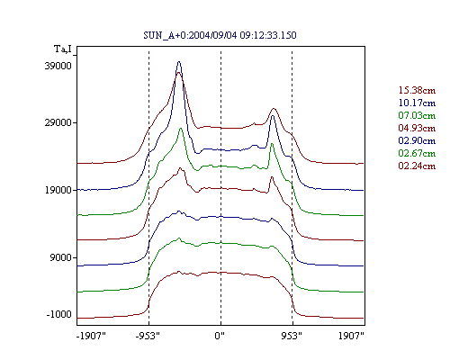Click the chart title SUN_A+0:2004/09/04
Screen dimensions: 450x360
[x=190, y=35]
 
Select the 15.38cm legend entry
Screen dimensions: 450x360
[x=417, y=90]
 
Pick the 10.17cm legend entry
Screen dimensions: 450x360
[x=417, y=103]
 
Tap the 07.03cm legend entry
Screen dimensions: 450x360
[x=417, y=115]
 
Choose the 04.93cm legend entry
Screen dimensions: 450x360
[x=417, y=128]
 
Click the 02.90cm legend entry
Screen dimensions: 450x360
[x=417, y=140]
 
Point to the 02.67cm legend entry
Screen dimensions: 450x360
[x=417, y=153]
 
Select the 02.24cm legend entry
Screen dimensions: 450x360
[x=417, y=166]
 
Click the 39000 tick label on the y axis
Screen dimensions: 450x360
[x=58, y=66]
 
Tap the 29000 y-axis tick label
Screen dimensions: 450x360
[x=58, y=122]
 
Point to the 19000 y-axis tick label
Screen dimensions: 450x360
[x=58, y=190]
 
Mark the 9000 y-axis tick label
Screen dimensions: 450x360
[x=61, y=257]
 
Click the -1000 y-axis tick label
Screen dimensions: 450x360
[x=59, y=314]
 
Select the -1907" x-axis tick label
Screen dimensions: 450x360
[x=91, y=336]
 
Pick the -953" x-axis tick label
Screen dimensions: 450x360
[x=148, y=336]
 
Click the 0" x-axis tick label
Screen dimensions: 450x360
[x=220, y=336]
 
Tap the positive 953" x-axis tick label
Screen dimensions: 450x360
[x=292, y=336]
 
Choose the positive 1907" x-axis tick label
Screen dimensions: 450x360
[x=351, y=336]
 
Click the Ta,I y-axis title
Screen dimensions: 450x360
[x=63, y=49]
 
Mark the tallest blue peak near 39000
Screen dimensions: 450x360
[x=179, y=62]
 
